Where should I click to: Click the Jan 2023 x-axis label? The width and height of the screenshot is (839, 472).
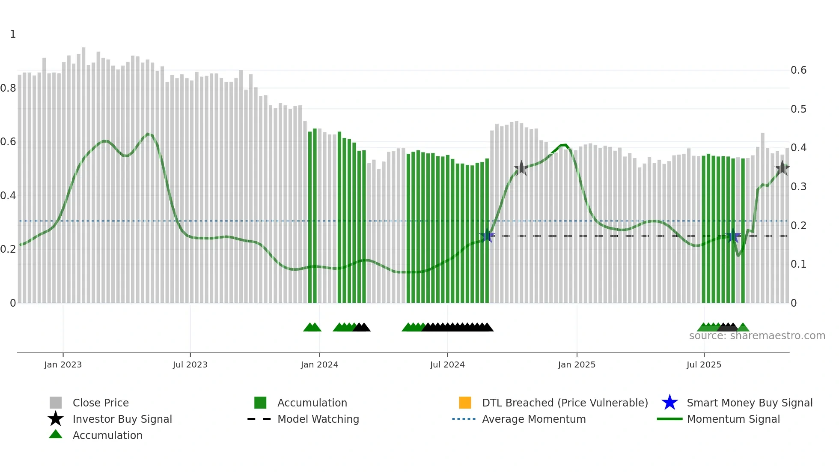click(62, 364)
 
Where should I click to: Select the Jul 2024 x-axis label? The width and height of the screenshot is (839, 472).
click(447, 364)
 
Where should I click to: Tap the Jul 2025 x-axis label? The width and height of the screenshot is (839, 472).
click(704, 364)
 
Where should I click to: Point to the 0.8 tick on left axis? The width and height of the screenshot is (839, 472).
click(8, 88)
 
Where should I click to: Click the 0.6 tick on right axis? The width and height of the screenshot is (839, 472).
click(798, 70)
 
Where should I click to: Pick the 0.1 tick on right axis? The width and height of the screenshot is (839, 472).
click(798, 264)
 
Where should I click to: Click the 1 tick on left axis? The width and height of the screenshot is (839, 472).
click(13, 34)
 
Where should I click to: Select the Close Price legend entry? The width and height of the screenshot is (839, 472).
click(101, 403)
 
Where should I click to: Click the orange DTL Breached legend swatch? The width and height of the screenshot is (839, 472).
click(465, 403)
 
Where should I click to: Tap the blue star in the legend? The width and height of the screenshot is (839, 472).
click(669, 403)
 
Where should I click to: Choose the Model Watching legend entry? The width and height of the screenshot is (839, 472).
click(318, 419)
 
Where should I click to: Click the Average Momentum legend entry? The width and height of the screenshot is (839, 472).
click(534, 419)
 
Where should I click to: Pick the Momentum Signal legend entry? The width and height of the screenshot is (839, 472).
click(733, 419)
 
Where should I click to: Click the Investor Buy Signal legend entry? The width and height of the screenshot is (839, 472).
click(122, 419)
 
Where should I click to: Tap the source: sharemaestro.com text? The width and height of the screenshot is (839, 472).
click(757, 336)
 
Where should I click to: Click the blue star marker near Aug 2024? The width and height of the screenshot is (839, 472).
click(487, 235)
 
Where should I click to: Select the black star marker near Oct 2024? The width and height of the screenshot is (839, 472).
click(521, 168)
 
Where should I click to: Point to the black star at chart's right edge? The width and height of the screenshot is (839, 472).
click(782, 168)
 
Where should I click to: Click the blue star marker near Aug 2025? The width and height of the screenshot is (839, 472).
click(733, 235)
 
